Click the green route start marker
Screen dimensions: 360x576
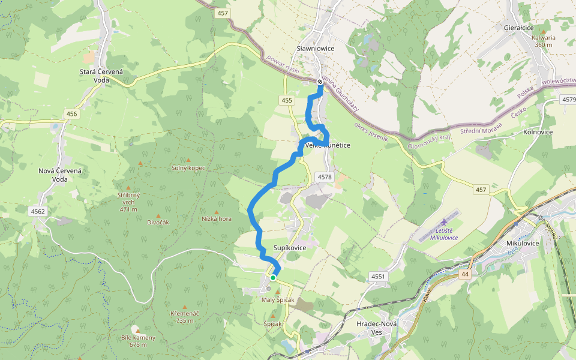click(273, 277)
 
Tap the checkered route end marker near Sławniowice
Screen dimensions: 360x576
click(320, 82)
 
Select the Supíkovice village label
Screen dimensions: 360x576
click(290, 248)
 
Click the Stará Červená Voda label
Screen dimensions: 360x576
click(101, 76)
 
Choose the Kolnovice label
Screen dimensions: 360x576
click(538, 131)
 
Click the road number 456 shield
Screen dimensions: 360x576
click(72, 114)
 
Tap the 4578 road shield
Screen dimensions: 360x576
click(323, 177)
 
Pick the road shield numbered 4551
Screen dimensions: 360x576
click(378, 277)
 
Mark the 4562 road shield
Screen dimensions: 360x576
click(38, 211)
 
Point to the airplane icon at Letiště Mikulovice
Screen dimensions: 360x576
click(443, 222)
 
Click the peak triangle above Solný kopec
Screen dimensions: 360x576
click(188, 161)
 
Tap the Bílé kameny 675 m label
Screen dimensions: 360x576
click(138, 341)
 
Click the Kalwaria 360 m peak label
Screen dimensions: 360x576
click(543, 41)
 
